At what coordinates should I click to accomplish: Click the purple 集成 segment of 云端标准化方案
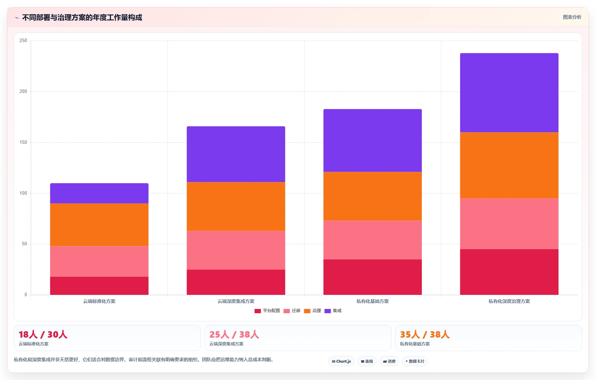[x=99, y=193]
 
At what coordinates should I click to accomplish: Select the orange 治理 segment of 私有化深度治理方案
[x=509, y=165]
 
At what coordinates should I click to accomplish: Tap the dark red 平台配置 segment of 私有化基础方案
[x=372, y=277]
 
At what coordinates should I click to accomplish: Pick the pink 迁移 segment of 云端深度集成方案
[x=236, y=250]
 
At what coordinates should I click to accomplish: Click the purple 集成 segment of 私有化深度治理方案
[x=509, y=93]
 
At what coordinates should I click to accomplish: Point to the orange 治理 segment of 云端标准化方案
[x=99, y=225]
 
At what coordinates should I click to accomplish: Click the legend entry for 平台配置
[x=267, y=311]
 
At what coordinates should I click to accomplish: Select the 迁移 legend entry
[x=292, y=311]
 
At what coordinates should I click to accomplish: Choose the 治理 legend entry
[x=312, y=311]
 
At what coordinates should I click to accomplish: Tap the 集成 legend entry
[x=333, y=311]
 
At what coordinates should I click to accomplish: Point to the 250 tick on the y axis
[x=23, y=41]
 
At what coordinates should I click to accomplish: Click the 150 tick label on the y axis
[x=23, y=142]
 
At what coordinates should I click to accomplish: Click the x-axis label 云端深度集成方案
[x=236, y=301]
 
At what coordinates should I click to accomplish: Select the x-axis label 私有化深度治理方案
[x=509, y=301]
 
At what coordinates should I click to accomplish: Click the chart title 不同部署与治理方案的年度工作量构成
[x=82, y=18]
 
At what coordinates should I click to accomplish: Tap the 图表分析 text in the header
[x=572, y=17]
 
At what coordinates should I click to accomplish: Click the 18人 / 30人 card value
[x=43, y=334]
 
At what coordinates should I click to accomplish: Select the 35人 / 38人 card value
[x=425, y=334]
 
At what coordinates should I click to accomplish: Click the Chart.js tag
[x=341, y=361]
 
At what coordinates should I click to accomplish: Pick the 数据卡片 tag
[x=415, y=361]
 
